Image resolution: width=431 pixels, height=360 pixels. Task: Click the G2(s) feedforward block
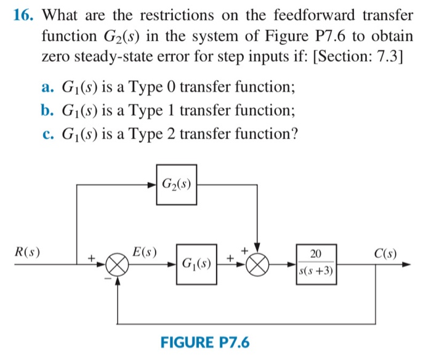click(x=176, y=184)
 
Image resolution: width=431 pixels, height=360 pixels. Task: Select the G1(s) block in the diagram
click(x=196, y=265)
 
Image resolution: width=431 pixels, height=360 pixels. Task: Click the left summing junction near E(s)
click(x=118, y=265)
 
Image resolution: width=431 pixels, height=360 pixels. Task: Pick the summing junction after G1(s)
click(x=259, y=265)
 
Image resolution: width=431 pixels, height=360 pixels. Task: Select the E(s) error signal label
click(x=145, y=252)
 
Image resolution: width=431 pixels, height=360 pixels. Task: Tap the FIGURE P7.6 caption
click(x=205, y=342)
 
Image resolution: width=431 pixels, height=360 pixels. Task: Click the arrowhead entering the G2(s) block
click(x=152, y=184)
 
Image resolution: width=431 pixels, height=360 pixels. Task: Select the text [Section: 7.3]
click(x=358, y=58)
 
